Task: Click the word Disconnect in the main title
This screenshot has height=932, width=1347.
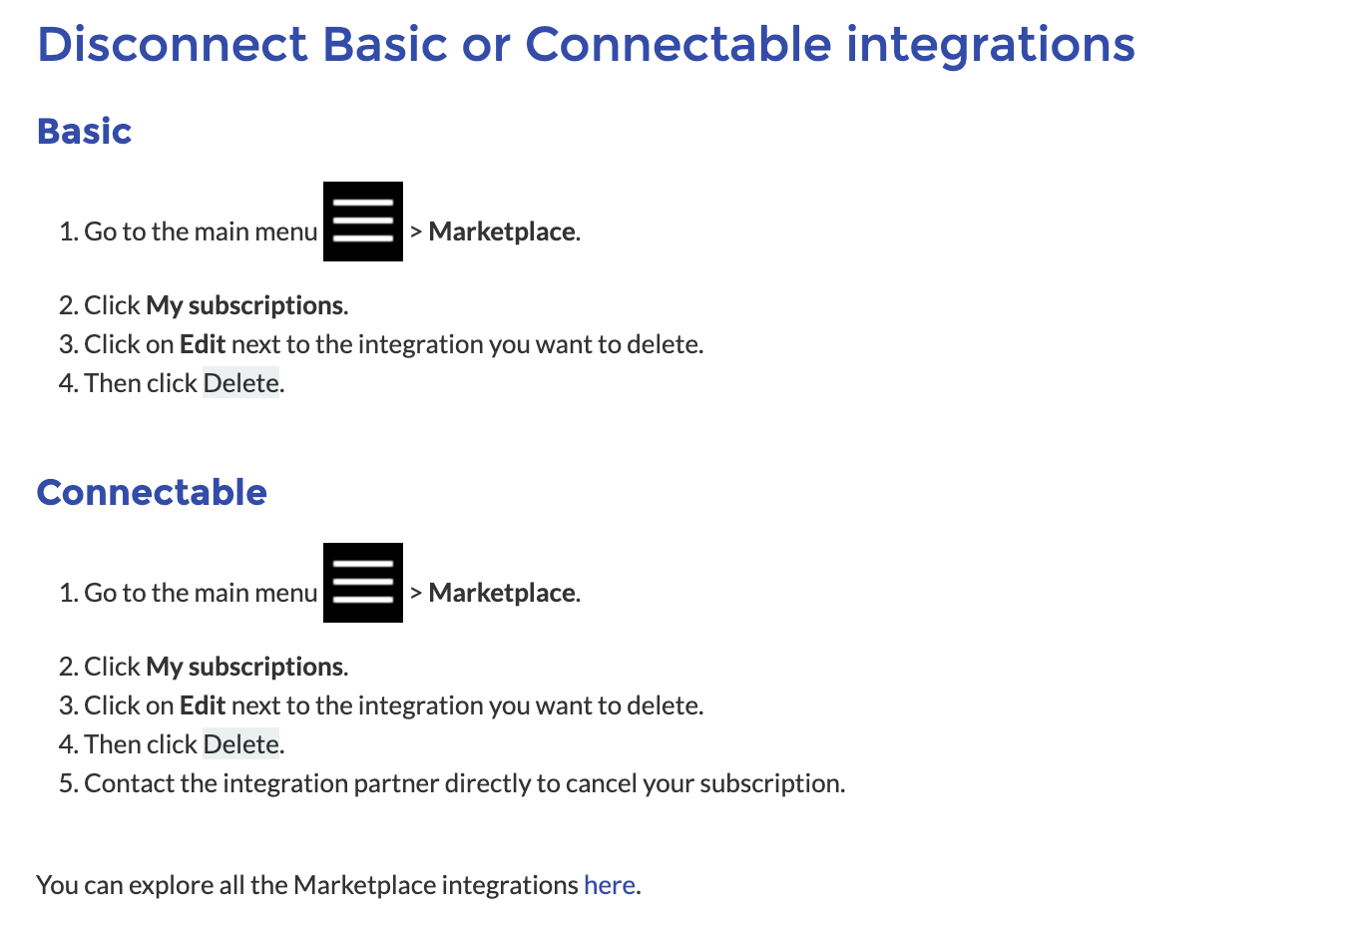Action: tap(173, 45)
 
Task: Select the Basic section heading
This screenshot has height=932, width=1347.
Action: tap(84, 131)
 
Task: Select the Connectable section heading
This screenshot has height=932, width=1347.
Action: tap(152, 493)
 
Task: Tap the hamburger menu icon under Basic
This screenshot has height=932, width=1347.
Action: tap(363, 222)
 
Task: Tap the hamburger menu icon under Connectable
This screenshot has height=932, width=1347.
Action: tap(363, 583)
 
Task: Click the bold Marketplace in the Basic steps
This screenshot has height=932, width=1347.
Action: tap(502, 233)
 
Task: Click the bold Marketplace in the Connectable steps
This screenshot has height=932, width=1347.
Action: tap(502, 594)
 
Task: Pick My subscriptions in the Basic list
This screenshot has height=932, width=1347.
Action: tap(245, 306)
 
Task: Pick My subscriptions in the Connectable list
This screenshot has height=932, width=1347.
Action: tap(245, 668)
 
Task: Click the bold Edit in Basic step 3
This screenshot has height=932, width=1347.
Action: tap(203, 344)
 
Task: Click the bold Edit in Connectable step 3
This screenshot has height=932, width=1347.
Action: tap(203, 705)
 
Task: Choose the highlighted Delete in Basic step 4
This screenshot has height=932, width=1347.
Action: tap(241, 383)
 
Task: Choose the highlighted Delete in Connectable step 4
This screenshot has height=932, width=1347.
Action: tap(241, 744)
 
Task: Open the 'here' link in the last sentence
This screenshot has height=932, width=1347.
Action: tap(610, 885)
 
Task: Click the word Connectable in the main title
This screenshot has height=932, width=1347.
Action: tap(678, 45)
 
